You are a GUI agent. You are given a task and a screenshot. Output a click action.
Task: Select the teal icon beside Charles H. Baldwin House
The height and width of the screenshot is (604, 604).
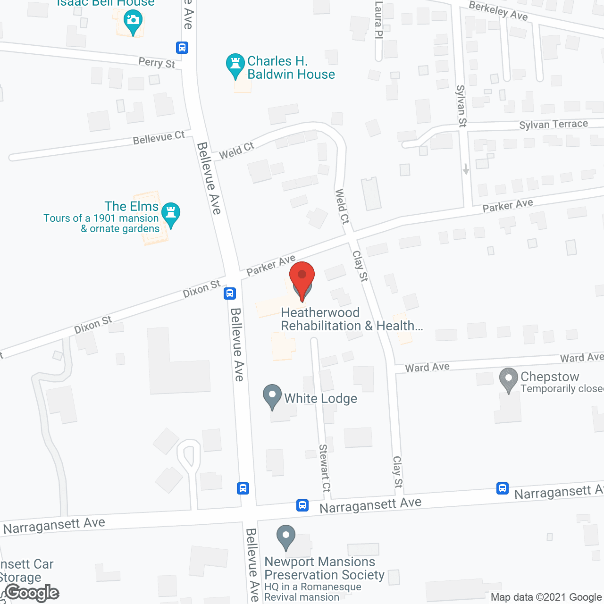click(235, 65)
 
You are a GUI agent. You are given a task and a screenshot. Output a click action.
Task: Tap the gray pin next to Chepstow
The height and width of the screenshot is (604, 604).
click(508, 379)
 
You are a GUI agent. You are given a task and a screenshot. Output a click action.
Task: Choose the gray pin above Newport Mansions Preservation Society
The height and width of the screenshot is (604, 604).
click(285, 537)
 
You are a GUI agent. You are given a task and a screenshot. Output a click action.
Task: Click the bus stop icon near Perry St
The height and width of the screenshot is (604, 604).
click(182, 48)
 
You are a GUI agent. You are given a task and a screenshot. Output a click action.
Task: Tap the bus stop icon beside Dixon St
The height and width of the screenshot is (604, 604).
click(230, 294)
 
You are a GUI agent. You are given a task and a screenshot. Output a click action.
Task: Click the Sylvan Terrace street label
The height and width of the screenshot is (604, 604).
click(554, 124)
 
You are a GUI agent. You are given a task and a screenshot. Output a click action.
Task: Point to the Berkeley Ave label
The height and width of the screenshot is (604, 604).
click(498, 10)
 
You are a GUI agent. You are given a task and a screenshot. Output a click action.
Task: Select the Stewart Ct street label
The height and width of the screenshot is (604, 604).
click(325, 468)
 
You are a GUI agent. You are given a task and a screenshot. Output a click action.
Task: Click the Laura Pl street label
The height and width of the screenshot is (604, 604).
click(378, 20)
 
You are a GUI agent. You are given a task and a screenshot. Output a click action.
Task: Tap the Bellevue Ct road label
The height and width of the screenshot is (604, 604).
click(159, 138)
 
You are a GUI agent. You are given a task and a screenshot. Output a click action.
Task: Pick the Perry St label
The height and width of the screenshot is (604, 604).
click(157, 62)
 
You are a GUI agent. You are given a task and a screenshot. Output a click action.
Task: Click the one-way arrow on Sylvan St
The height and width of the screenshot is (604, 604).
click(466, 168)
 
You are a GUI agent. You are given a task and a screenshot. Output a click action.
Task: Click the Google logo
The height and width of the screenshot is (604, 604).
click(32, 593)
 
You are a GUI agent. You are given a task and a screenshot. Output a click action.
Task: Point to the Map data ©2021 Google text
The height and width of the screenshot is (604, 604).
click(546, 597)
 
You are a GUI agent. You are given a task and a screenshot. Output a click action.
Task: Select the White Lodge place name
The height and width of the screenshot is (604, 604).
click(320, 399)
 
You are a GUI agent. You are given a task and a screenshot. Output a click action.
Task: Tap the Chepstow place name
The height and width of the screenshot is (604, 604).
click(550, 377)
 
